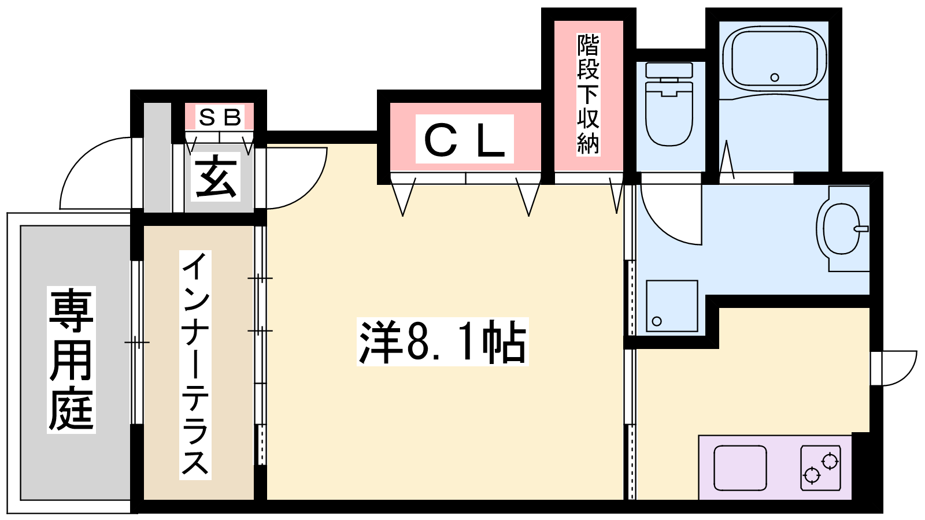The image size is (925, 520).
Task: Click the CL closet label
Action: pyautogui.click(x=465, y=139)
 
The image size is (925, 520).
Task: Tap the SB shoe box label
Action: pyautogui.click(x=220, y=118)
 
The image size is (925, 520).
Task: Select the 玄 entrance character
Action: pyautogui.click(x=216, y=176)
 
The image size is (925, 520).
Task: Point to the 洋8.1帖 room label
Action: pyautogui.click(x=443, y=342)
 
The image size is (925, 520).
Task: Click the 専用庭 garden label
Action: pyautogui.click(x=71, y=359)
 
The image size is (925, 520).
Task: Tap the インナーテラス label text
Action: pyautogui.click(x=195, y=365)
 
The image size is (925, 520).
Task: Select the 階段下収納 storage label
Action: pyautogui.click(x=588, y=94)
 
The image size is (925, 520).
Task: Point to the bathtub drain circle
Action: pyautogui.click(x=775, y=77)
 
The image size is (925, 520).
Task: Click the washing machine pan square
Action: pyautogui.click(x=672, y=306)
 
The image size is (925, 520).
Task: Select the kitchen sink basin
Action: pyautogui.click(x=740, y=468)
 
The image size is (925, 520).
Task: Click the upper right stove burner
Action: pyautogui.click(x=830, y=461)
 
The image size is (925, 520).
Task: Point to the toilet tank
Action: pyautogui.click(x=669, y=70)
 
